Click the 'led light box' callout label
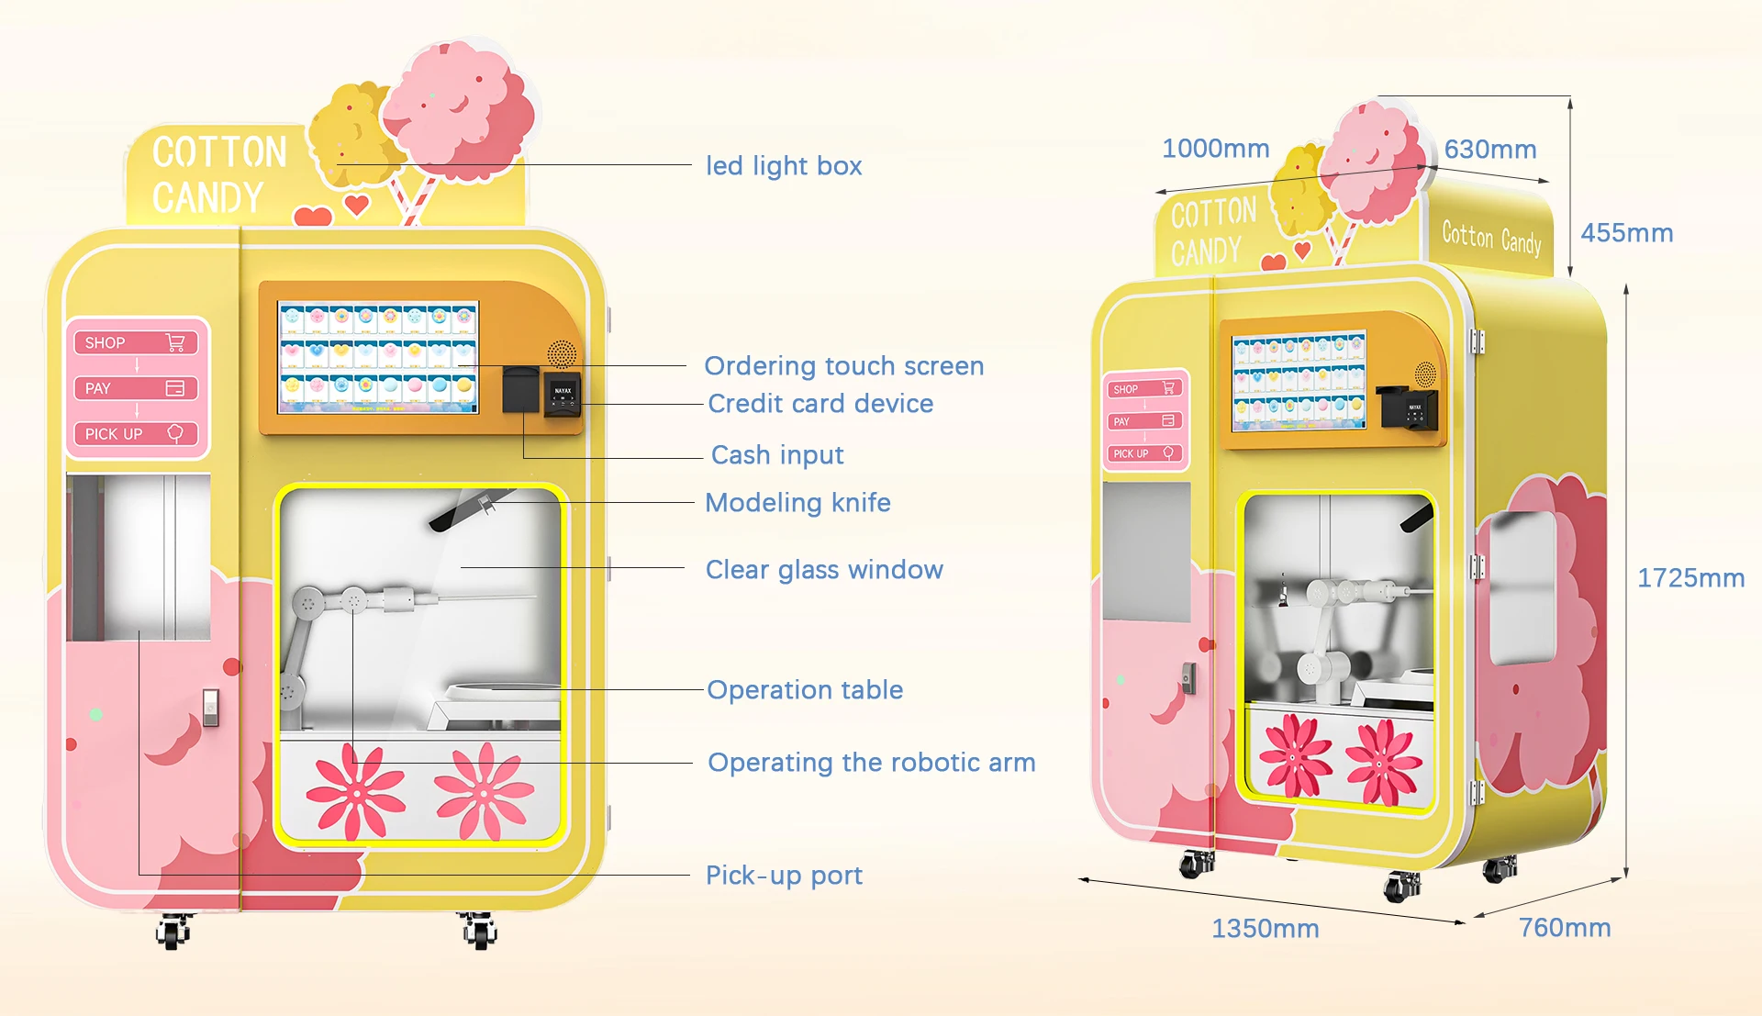(x=784, y=166)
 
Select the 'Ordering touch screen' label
(x=843, y=366)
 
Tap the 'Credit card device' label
(x=820, y=404)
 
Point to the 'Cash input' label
(x=777, y=455)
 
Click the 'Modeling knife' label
(x=797, y=503)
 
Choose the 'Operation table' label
(x=805, y=690)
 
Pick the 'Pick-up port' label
(x=784, y=876)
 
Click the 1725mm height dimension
(x=1690, y=578)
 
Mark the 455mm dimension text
(x=1626, y=233)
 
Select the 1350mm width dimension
(x=1265, y=929)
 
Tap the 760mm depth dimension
(x=1565, y=928)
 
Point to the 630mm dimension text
(x=1489, y=150)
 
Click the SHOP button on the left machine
(x=135, y=342)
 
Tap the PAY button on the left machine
(x=135, y=388)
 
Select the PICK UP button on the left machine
(x=135, y=434)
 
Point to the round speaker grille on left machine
(x=562, y=353)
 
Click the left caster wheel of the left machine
(x=173, y=932)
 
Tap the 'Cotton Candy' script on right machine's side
(x=1491, y=238)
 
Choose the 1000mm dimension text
(x=1215, y=149)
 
